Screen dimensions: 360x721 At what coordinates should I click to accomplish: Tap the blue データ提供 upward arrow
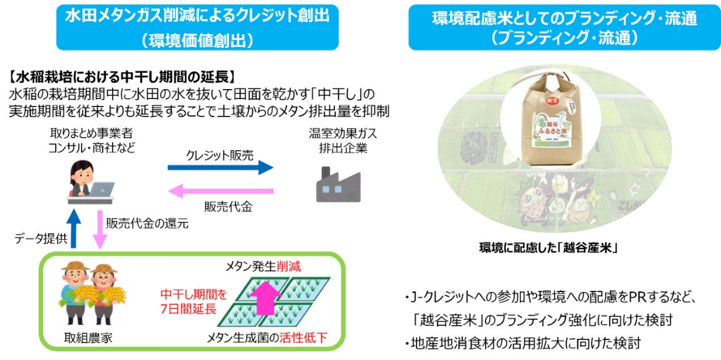click(74, 228)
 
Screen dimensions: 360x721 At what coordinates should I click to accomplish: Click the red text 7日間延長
click(188, 308)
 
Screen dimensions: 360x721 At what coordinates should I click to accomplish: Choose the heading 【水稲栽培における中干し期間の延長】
click(122, 78)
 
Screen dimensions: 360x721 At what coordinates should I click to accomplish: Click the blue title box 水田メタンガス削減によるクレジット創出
click(197, 26)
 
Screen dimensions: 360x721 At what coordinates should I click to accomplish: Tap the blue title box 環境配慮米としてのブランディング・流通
click(564, 26)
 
